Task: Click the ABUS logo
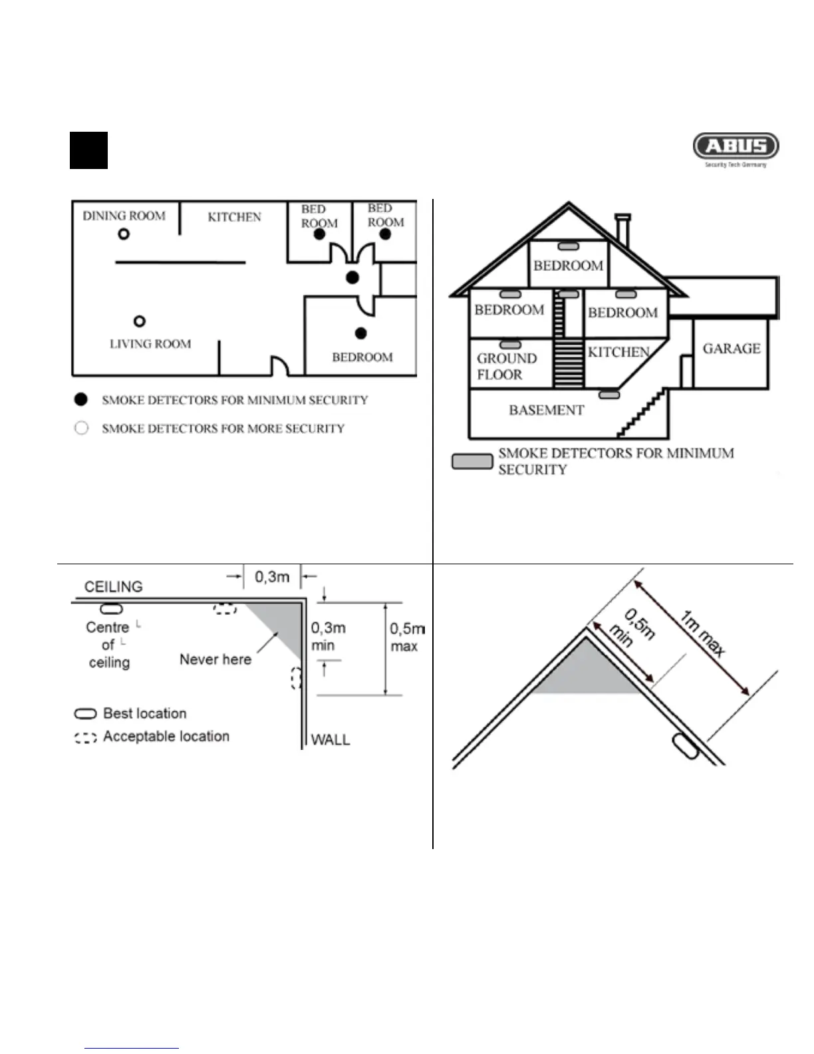click(x=736, y=146)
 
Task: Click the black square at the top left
click(x=88, y=150)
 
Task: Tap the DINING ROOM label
click(x=124, y=216)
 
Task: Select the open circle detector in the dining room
click(x=124, y=234)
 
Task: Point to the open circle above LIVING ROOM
click(x=140, y=321)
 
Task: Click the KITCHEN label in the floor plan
click(x=234, y=217)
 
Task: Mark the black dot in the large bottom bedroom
click(x=361, y=333)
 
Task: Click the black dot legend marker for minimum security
click(x=81, y=399)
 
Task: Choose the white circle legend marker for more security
click(x=81, y=428)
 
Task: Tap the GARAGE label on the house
click(x=732, y=349)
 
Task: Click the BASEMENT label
click(x=546, y=410)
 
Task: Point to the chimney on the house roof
click(x=623, y=230)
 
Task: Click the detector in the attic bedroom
click(x=568, y=247)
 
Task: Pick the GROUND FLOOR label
click(x=506, y=367)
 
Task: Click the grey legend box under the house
click(x=472, y=461)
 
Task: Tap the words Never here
click(x=215, y=659)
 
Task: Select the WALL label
click(x=331, y=739)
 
